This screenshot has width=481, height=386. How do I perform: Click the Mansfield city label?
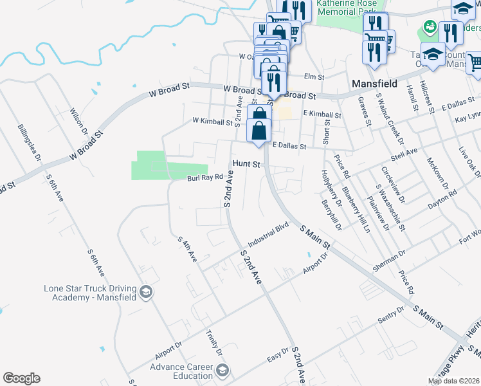point(374,84)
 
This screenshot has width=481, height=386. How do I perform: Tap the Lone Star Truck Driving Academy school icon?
point(146,293)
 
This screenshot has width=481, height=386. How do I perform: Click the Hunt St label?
point(246,165)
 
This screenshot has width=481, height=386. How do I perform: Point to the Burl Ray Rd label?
point(204,177)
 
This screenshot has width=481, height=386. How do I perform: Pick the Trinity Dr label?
point(213,344)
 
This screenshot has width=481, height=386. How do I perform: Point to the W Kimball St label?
point(212,121)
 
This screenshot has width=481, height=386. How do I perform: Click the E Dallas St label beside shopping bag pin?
point(295,146)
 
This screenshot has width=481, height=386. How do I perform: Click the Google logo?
point(21,378)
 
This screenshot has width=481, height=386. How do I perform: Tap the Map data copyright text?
point(453,381)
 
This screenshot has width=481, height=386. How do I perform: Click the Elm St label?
point(313,77)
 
